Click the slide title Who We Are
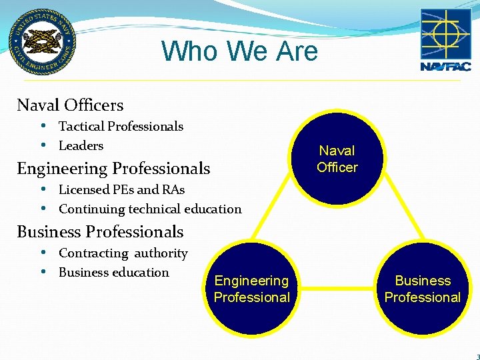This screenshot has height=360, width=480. [x=239, y=51]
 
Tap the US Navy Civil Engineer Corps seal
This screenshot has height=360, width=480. [x=42, y=41]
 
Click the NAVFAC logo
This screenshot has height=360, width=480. [x=445, y=39]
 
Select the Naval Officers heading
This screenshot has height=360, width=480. [x=70, y=105]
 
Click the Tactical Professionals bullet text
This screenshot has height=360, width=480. [x=121, y=126]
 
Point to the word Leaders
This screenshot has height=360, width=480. [x=81, y=145]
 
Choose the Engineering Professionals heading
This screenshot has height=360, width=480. [x=113, y=169]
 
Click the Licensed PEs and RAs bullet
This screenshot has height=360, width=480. [x=121, y=189]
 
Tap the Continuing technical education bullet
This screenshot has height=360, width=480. [x=150, y=209]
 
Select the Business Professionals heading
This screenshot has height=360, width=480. [x=100, y=232]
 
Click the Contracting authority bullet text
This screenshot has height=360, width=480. [x=123, y=253]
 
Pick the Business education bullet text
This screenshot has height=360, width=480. [x=114, y=272]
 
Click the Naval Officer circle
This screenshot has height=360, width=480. [x=337, y=159]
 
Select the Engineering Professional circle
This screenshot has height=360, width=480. [x=252, y=289]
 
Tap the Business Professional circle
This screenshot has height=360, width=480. [x=423, y=289]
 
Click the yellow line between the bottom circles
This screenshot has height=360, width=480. [x=337, y=289]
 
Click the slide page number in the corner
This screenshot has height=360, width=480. [x=477, y=356]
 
